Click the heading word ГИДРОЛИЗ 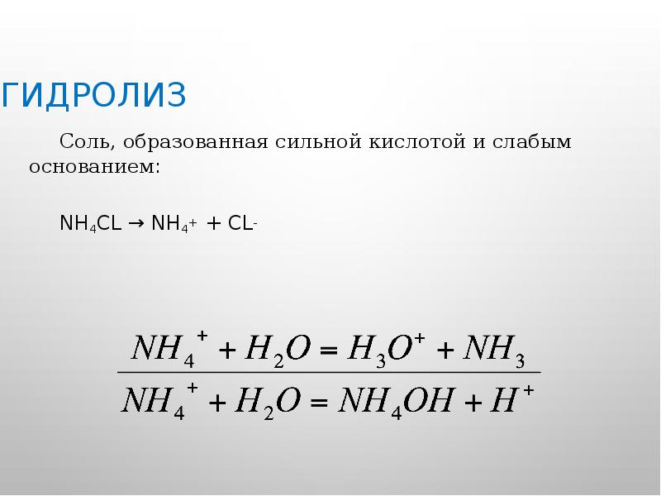click(93, 95)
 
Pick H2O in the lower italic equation click(265, 402)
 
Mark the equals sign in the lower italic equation click(316, 404)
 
